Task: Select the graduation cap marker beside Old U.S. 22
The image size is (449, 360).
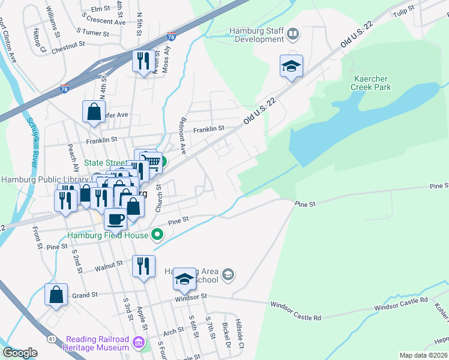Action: click(x=291, y=66)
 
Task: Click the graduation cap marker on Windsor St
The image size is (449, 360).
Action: click(x=185, y=279)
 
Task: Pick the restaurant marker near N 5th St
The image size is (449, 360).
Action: click(x=143, y=62)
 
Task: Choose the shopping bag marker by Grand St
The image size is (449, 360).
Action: click(x=56, y=295)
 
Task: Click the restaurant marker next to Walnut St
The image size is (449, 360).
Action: click(x=143, y=266)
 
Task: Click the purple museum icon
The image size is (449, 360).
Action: click(x=139, y=343)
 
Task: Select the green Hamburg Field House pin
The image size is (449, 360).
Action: click(x=158, y=235)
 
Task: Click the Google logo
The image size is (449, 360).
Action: click(x=20, y=353)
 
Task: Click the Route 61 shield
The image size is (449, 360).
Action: click(x=52, y=339)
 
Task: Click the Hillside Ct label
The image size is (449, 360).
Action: click(x=241, y=334)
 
